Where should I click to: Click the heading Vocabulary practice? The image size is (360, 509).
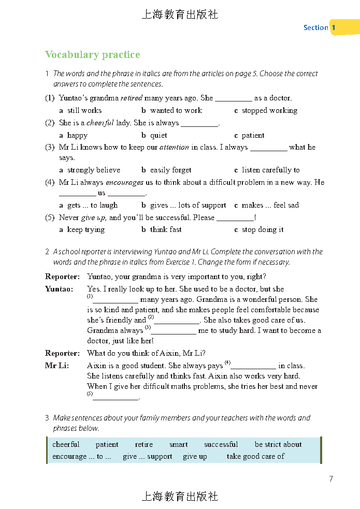click(x=92, y=55)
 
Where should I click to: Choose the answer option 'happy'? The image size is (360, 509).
click(x=77, y=135)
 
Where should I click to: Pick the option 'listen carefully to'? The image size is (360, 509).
click(x=270, y=170)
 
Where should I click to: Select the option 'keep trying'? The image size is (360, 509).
click(x=85, y=229)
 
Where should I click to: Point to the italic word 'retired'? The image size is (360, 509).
click(x=131, y=98)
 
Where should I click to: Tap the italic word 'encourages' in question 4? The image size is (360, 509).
click(x=124, y=182)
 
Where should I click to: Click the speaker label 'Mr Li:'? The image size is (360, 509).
click(x=57, y=366)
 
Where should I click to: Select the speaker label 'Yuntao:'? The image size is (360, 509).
click(x=59, y=289)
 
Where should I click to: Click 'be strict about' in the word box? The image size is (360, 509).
click(x=278, y=444)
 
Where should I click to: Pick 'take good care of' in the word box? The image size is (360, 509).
click(x=255, y=456)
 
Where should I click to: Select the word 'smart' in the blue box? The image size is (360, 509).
click(x=178, y=444)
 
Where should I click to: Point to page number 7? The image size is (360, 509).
click(x=331, y=479)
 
